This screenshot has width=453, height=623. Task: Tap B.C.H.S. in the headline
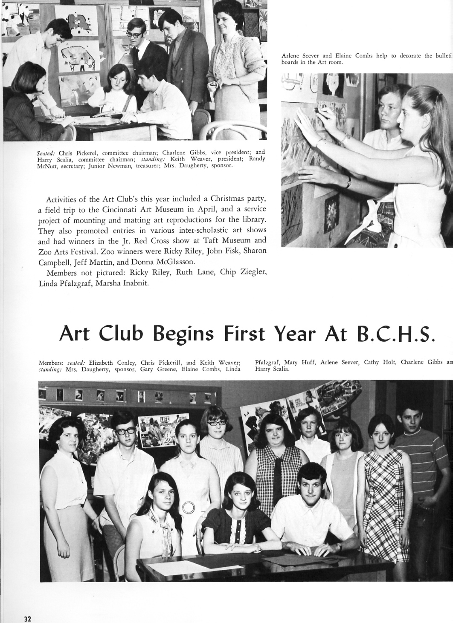(x=393, y=334)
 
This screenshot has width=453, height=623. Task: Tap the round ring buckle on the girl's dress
(x=188, y=507)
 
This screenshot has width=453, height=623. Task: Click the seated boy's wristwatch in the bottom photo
(x=339, y=546)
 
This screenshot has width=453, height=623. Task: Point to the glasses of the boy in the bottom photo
(x=126, y=430)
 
